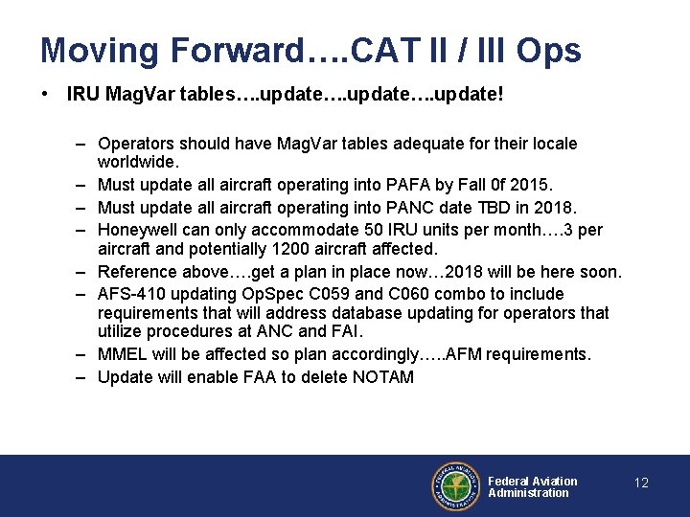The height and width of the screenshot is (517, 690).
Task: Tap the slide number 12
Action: (x=641, y=483)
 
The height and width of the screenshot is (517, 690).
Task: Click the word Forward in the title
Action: (x=221, y=51)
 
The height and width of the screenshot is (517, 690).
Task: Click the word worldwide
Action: (x=137, y=163)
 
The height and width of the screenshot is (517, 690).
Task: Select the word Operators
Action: (x=134, y=144)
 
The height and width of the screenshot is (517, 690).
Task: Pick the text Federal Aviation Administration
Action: (x=533, y=487)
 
